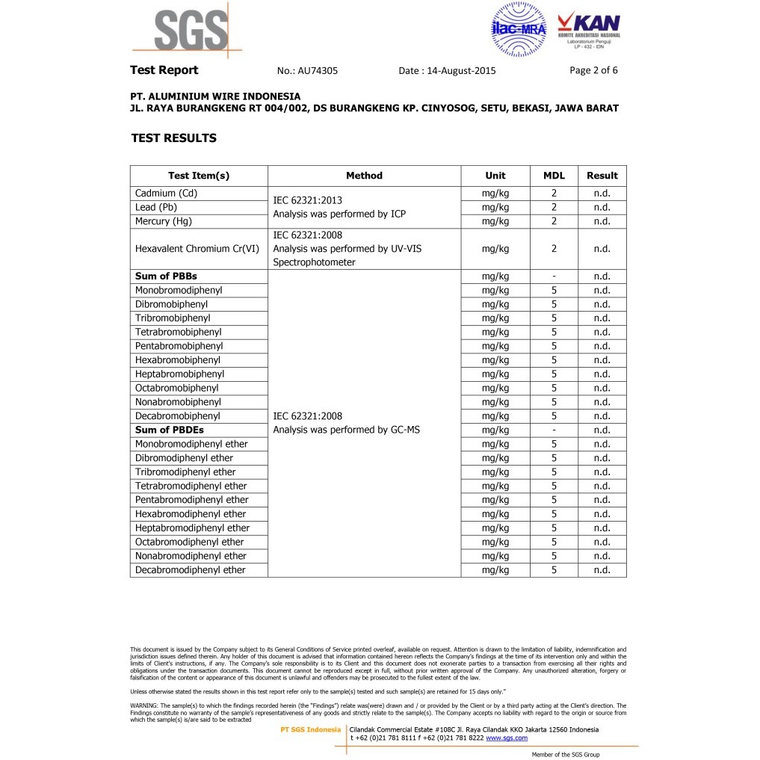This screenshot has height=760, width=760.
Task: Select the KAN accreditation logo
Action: click(589, 30)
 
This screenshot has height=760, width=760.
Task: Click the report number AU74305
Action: click(318, 71)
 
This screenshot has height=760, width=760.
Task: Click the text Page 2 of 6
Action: click(593, 70)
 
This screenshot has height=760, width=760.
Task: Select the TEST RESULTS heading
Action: click(173, 138)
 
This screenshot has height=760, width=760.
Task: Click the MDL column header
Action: click(554, 176)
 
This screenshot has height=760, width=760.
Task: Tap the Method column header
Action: click(364, 176)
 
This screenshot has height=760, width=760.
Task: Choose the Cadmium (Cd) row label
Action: click(167, 193)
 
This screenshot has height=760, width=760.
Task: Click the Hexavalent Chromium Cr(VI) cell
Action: click(197, 249)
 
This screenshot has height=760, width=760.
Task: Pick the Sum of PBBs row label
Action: click(166, 276)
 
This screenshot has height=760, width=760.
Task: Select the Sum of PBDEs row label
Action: click(170, 430)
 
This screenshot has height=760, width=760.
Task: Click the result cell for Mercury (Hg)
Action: click(602, 221)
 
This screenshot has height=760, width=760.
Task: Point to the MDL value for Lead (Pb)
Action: click(554, 207)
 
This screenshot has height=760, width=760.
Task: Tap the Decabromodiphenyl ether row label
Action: click(191, 570)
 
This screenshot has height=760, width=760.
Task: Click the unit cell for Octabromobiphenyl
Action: click(495, 388)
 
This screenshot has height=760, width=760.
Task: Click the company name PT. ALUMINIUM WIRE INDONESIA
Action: click(215, 96)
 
